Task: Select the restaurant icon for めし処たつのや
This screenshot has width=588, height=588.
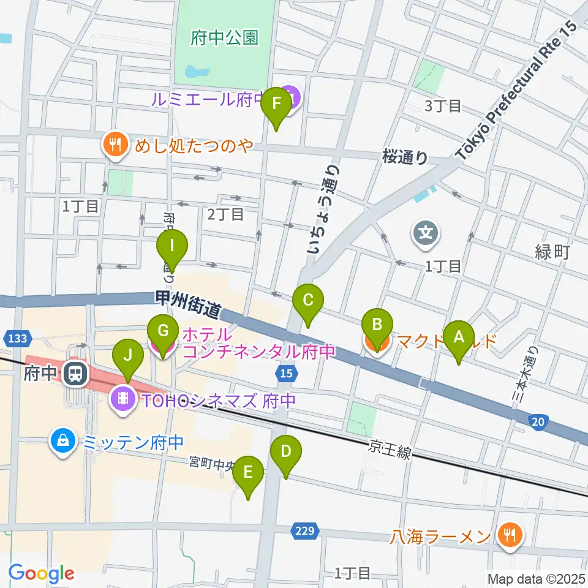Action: point(115,145)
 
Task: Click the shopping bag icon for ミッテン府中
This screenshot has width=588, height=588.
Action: point(62,440)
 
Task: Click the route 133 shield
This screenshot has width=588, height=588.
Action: point(14,339)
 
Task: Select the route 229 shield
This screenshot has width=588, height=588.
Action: point(304,531)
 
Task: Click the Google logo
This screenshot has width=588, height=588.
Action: point(41,573)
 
